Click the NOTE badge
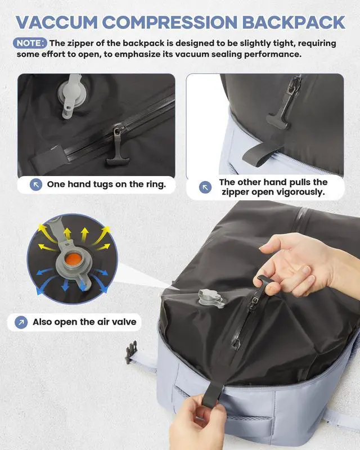click(x=30, y=43)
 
